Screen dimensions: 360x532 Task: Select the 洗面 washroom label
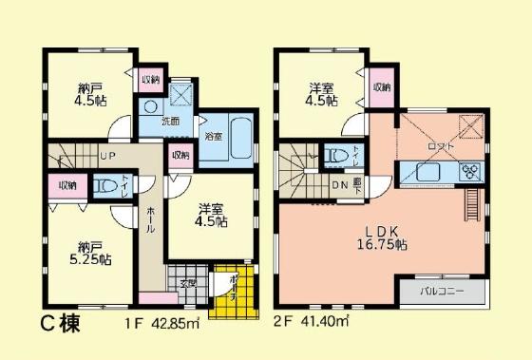(170, 122)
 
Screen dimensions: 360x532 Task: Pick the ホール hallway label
(151, 224)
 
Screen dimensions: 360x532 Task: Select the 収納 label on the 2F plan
(381, 87)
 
